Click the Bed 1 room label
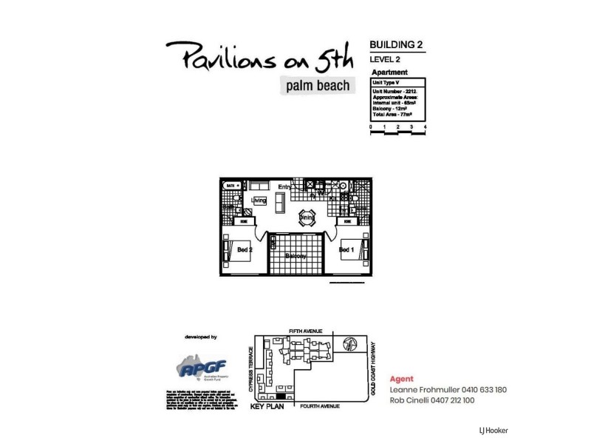pyautogui.click(x=346, y=250)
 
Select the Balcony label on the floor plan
pyautogui.click(x=295, y=256)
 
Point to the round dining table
pyautogui.click(x=306, y=218)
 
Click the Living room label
pyautogui.click(x=258, y=201)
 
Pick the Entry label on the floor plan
pyautogui.click(x=284, y=186)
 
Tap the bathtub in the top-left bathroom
pyautogui.click(x=230, y=186)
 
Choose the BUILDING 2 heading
pyautogui.click(x=396, y=44)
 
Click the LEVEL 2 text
pyautogui.click(x=386, y=58)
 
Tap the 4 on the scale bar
pyautogui.click(x=426, y=127)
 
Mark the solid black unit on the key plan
pyautogui.click(x=261, y=398)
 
